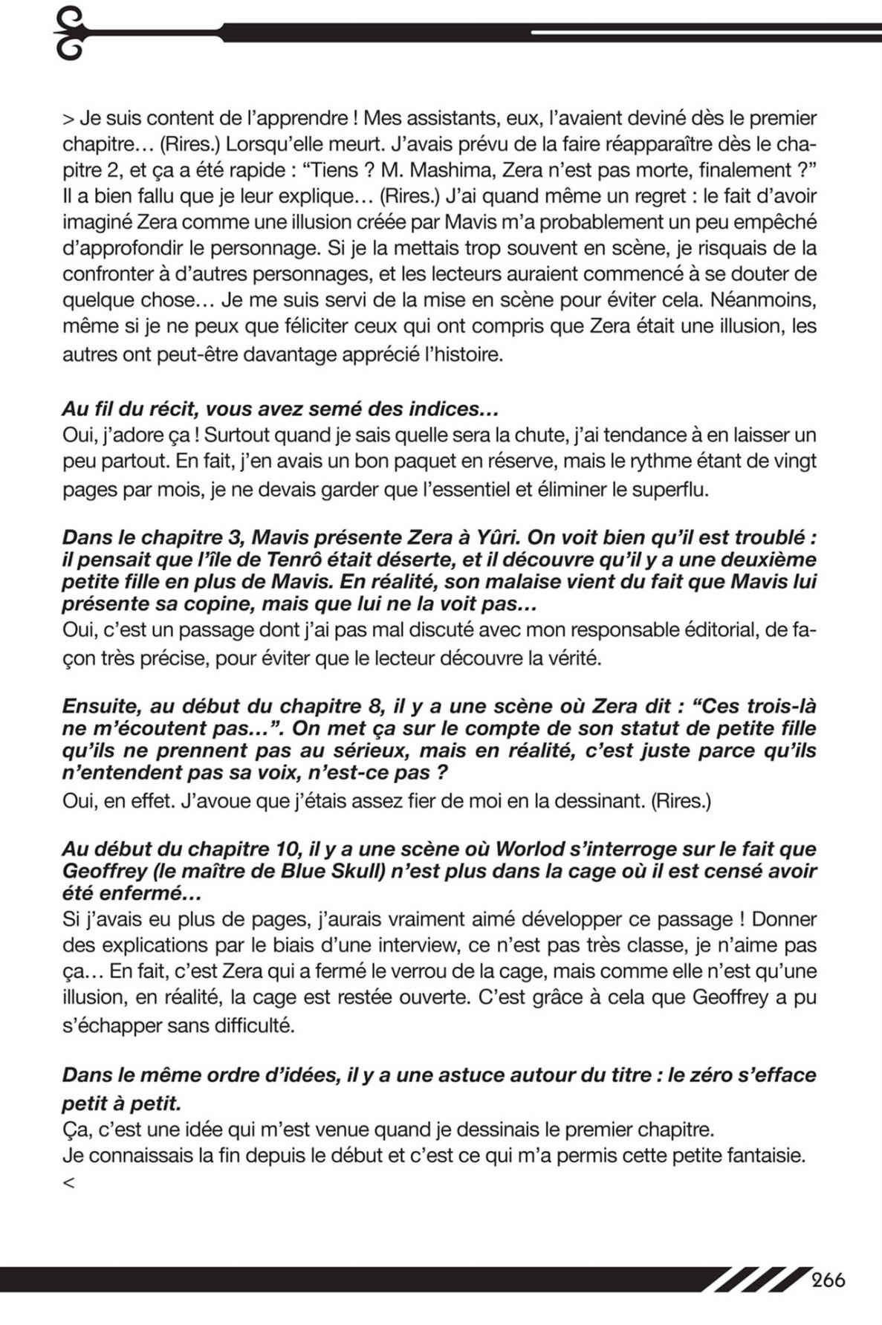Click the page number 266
coord(829,1280)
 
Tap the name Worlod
coord(533,849)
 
